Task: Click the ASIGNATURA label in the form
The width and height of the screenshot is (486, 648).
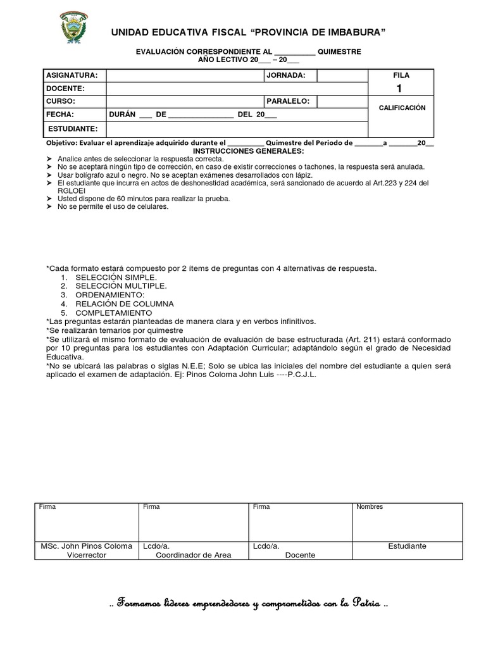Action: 70,75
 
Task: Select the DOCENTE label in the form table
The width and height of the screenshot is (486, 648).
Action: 65,89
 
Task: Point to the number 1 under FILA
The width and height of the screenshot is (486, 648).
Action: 398,89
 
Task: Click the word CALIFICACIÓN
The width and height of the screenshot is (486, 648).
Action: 402,108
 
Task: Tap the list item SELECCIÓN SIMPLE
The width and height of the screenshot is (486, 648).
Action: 116,277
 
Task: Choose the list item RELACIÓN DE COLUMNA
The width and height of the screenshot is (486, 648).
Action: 124,304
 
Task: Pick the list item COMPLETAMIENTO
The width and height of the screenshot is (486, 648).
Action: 113,313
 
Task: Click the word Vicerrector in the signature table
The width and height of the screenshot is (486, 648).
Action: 87,555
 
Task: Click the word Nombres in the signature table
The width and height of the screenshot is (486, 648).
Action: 370,507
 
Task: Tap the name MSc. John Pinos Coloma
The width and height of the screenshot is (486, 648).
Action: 87,545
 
